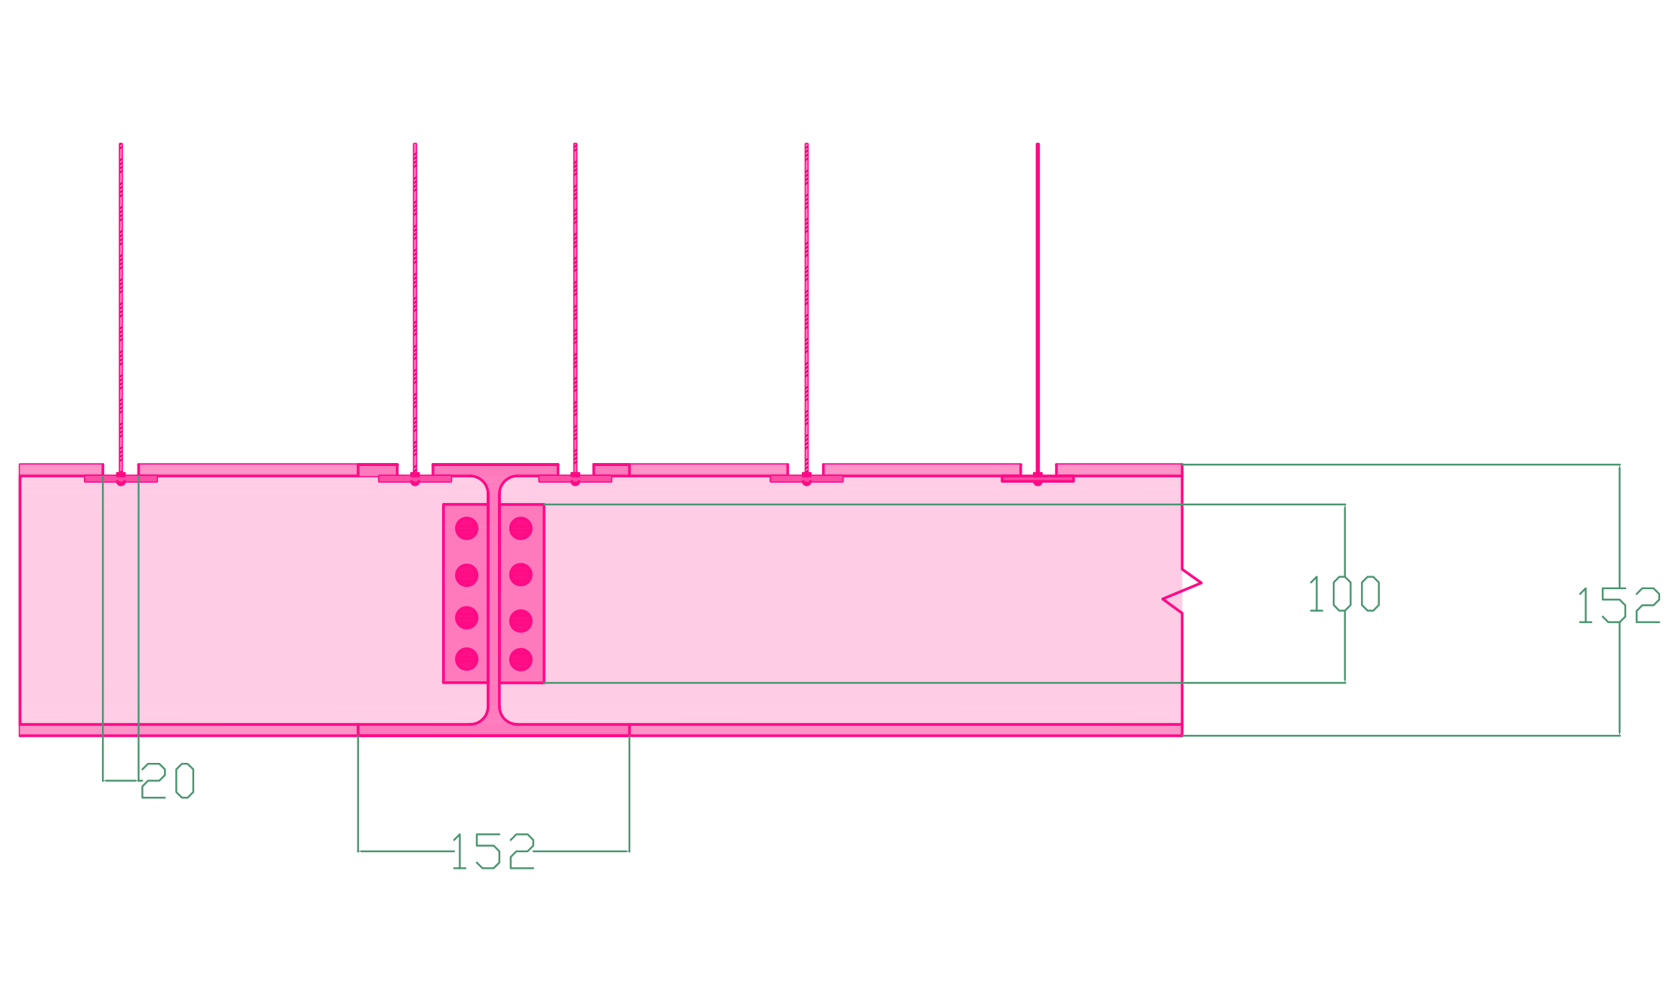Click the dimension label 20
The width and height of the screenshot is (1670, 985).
(x=168, y=780)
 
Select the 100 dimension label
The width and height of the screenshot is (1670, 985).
(x=1344, y=594)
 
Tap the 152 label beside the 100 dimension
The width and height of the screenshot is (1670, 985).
(x=1618, y=605)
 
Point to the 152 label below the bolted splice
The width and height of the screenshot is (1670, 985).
(x=493, y=851)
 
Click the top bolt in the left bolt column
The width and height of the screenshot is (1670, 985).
(x=467, y=528)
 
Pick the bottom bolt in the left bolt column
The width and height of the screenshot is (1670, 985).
(x=467, y=659)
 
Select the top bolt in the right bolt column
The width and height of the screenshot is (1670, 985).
(x=521, y=528)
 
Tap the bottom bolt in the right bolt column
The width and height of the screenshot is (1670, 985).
(x=521, y=659)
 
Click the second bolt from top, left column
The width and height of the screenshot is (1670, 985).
(x=467, y=575)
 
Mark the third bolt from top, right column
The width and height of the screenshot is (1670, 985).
(x=521, y=621)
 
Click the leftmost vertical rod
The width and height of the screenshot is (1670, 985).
(x=121, y=302)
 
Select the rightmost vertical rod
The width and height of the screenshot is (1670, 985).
(x=1038, y=302)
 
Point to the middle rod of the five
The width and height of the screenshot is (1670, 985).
(x=575, y=302)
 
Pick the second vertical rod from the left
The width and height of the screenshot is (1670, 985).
(x=415, y=302)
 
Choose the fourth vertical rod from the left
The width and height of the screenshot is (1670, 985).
(x=806, y=302)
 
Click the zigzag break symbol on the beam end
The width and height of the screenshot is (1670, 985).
(x=1183, y=591)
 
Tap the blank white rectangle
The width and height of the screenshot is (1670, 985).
(x=1178, y=880)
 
